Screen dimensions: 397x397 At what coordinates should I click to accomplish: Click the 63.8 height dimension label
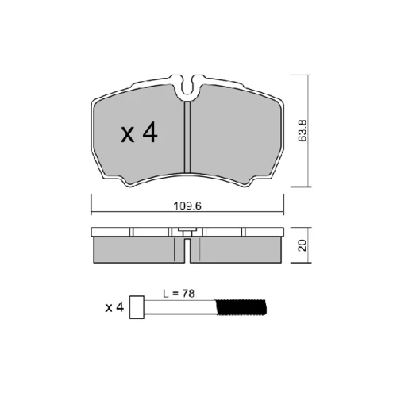(x=303, y=130)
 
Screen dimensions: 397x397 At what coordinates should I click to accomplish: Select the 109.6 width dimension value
(x=187, y=206)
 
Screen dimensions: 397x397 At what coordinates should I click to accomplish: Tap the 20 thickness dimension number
(x=303, y=245)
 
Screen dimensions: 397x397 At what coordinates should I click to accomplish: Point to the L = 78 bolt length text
(x=179, y=294)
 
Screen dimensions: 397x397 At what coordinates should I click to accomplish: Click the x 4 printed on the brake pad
(x=139, y=133)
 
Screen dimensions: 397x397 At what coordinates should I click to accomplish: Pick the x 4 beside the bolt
(x=114, y=307)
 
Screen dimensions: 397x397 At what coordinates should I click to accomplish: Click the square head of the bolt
(x=137, y=307)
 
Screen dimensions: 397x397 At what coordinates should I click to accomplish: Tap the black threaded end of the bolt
(x=241, y=307)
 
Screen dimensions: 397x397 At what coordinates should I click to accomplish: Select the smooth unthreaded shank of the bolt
(x=180, y=307)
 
